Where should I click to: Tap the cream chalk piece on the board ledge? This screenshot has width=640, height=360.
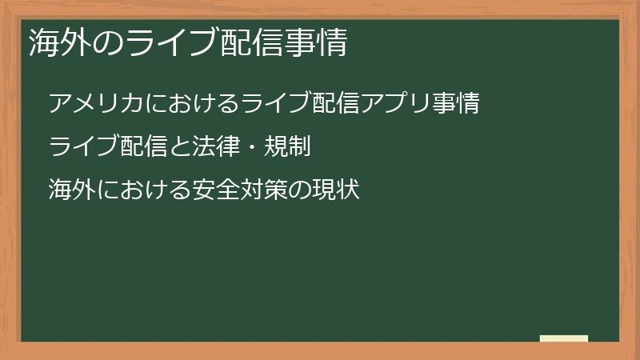coord(563,338)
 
